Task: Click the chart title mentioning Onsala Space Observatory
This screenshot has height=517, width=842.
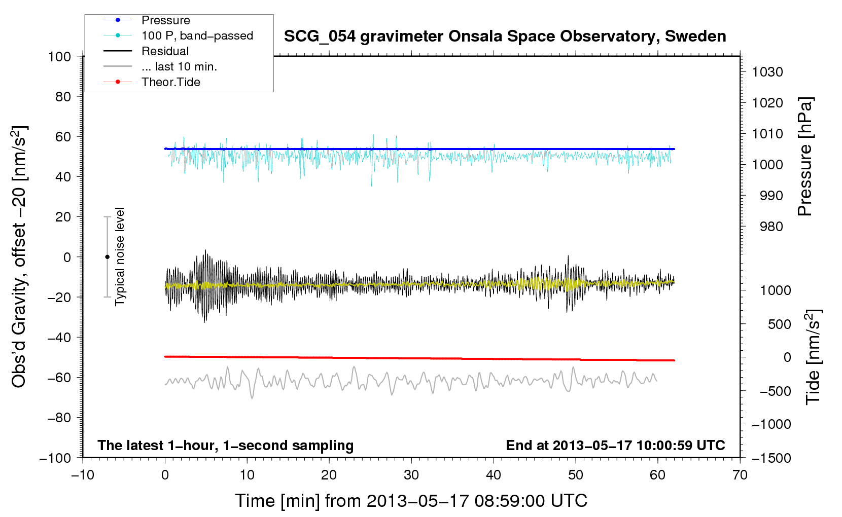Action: (x=505, y=36)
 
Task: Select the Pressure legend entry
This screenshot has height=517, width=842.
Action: (x=165, y=20)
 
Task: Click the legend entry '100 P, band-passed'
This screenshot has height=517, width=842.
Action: (x=197, y=35)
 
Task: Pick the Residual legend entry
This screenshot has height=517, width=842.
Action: (x=165, y=51)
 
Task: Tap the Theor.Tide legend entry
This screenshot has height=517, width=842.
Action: (x=170, y=82)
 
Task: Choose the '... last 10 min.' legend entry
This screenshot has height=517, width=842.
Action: (x=179, y=66)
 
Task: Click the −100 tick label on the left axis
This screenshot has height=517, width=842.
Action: (x=55, y=458)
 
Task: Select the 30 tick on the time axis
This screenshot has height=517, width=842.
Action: (x=411, y=475)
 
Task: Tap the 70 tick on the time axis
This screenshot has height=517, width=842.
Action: (x=740, y=475)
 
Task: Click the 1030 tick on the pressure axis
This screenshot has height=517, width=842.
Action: (x=767, y=72)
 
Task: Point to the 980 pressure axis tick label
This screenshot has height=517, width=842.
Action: (x=771, y=227)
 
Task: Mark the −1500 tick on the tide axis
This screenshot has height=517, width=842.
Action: (x=771, y=458)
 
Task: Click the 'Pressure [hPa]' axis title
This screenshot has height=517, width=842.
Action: (x=805, y=157)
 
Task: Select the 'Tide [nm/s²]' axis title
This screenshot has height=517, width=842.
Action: (x=813, y=357)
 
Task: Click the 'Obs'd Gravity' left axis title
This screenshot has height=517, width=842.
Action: (x=19, y=256)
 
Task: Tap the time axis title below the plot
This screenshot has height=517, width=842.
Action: (x=411, y=501)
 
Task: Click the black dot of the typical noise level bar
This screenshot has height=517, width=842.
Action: (x=107, y=257)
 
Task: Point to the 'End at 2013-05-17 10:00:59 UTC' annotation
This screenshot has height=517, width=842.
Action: (x=615, y=445)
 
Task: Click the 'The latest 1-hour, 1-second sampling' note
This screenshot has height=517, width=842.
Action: (x=225, y=445)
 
